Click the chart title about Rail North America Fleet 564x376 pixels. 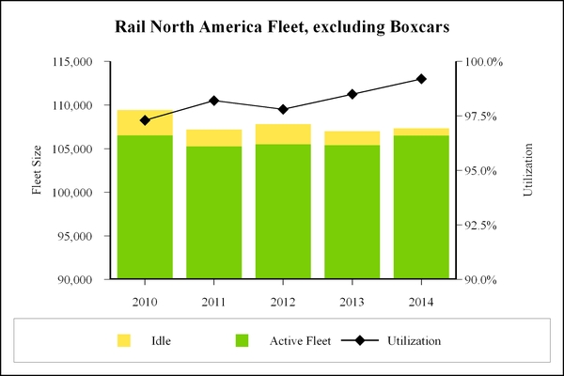281,25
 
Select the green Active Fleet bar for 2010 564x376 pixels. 145,207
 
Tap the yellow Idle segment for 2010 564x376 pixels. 145,123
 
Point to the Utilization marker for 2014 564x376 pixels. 421,79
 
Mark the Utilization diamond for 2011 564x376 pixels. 214,101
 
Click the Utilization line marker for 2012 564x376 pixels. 283,109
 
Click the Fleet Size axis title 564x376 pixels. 39,170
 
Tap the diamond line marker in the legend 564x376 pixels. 358,340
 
